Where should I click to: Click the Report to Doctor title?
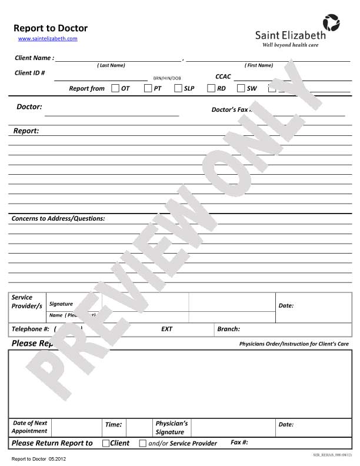coord(51,28)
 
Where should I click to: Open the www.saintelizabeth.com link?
coord(48,39)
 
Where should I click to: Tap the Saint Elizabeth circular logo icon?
coord(331,23)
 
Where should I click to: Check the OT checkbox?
coord(115,88)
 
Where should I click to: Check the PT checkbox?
coord(148,88)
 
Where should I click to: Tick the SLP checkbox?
coord(178,88)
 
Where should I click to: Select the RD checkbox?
coord(211,88)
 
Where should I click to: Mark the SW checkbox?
coord(241,88)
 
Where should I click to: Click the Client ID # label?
coord(30,73)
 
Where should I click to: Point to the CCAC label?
coord(223,76)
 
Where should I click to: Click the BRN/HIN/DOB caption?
coord(167,78)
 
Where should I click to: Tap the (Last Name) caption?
coord(111,65)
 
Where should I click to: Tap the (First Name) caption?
coord(259,65)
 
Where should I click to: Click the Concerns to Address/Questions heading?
coord(58,218)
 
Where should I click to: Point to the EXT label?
coord(166,329)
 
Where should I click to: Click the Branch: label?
coord(228,329)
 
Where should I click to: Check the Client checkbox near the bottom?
coord(106,443)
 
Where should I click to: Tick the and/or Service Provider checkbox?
coord(143,443)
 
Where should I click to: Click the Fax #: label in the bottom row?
coord(239,442)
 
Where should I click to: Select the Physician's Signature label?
coord(171,427)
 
